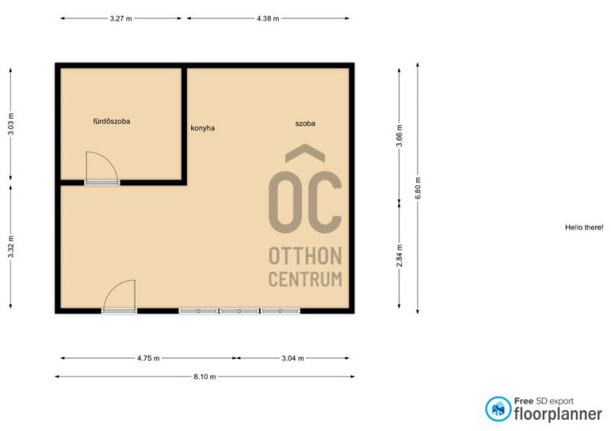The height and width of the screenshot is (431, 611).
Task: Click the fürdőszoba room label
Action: point(112,121)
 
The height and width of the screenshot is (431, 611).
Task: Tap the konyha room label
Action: point(202,128)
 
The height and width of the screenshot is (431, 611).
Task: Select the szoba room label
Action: point(305,124)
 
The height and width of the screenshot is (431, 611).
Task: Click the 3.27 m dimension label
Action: point(121,18)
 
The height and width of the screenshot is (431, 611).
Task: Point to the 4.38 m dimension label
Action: point(268,18)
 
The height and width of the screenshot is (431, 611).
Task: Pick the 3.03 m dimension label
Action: point(11,124)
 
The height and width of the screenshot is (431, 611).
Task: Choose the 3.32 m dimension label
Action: point(11,246)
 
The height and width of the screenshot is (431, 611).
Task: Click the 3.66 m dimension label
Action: point(399,136)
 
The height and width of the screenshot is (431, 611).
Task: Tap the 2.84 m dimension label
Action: point(399,256)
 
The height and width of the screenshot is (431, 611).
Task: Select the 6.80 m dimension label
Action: point(418,188)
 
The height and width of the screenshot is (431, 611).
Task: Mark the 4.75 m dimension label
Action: point(148,359)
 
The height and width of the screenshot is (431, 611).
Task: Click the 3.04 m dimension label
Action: point(293,359)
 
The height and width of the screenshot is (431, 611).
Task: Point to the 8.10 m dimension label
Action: point(205,377)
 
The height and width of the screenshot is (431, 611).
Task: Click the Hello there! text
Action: point(584,227)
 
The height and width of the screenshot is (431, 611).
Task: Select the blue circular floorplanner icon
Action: point(498,409)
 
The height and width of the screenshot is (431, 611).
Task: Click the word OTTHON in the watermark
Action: point(305,256)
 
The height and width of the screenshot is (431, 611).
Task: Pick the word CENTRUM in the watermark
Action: point(305,279)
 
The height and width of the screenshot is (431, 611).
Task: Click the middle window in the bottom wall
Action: point(239,311)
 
